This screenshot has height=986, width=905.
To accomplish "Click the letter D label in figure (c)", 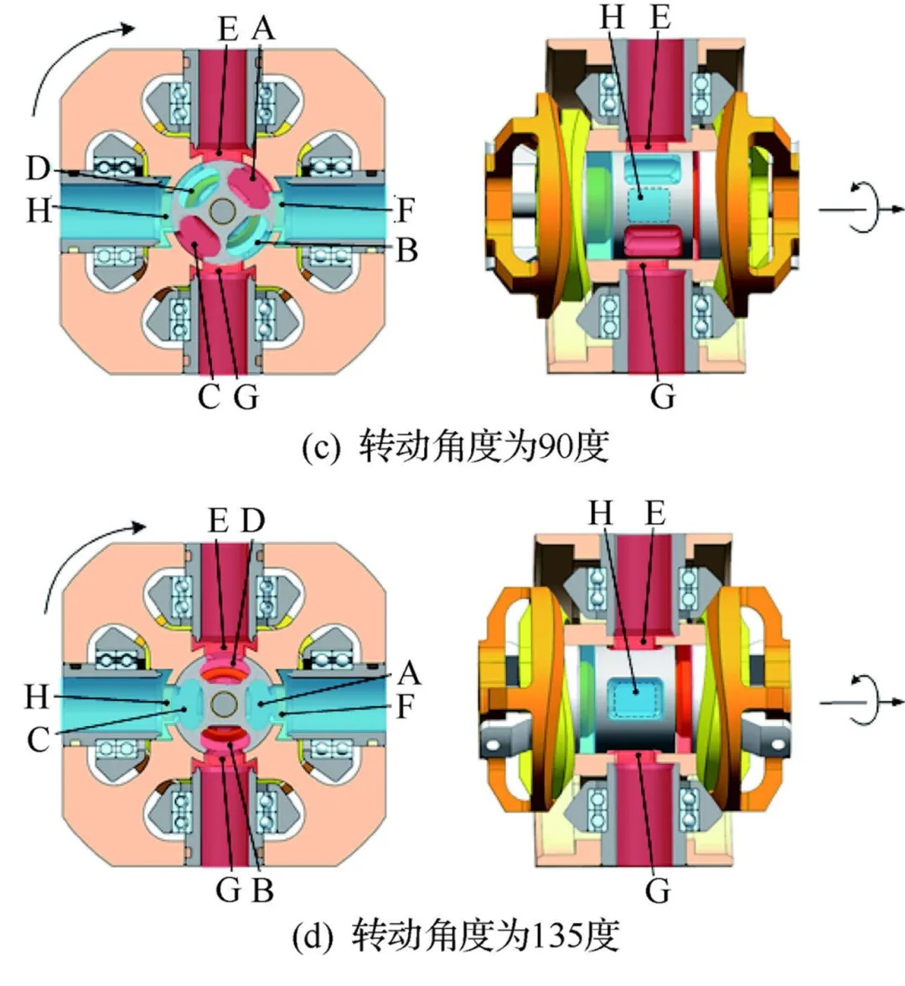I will pyautogui.click(x=38, y=168).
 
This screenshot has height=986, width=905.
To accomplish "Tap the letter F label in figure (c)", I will pyautogui.click(x=406, y=210).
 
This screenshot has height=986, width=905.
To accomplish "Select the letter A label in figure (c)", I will pyautogui.click(x=263, y=29).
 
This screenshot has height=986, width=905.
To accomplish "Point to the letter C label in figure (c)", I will pyautogui.click(x=208, y=396).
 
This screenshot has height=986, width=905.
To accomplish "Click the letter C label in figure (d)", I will pyautogui.click(x=38, y=739).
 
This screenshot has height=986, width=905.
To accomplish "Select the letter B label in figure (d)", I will pyautogui.click(x=262, y=889).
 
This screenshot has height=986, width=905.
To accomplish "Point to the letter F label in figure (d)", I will pyautogui.click(x=406, y=708).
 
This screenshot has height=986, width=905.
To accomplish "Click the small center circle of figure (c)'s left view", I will pyautogui.click(x=224, y=210).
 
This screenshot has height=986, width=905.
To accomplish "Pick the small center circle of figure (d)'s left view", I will pyautogui.click(x=224, y=703).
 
